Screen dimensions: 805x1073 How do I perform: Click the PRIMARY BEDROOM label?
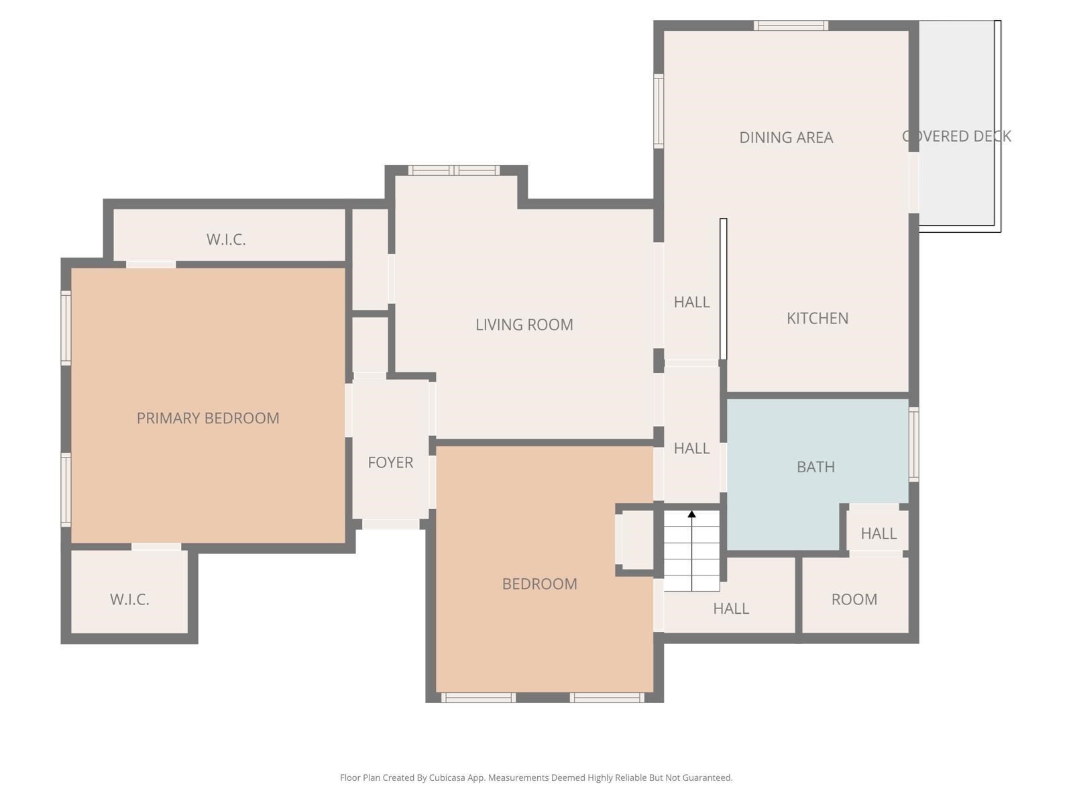pos(208,418)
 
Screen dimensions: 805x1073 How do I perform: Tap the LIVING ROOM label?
pos(524,325)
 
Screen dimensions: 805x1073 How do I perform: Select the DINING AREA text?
pos(786,138)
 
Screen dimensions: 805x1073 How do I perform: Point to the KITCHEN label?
pos(817,318)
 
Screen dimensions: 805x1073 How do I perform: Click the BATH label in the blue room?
pos(815,467)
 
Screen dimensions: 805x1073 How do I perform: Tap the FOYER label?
pos(390,462)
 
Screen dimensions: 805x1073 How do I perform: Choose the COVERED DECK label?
pos(956,136)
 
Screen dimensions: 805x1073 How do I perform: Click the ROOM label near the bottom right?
pos(854,599)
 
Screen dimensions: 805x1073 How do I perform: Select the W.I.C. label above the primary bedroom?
pos(226,239)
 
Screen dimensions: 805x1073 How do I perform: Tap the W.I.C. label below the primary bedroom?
pos(129,599)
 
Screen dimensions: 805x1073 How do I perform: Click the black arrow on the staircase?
pos(691,515)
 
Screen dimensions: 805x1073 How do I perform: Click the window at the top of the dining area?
pos(791,25)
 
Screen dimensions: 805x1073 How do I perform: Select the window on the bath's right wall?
pos(913,444)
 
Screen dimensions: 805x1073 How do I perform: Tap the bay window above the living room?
pos(454,170)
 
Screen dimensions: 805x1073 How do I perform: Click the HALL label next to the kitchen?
pos(691,302)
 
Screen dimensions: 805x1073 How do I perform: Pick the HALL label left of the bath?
pos(691,448)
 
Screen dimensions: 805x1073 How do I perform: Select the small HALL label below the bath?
pos(879,533)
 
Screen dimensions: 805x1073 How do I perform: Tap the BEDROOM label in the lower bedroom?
pos(539,584)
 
